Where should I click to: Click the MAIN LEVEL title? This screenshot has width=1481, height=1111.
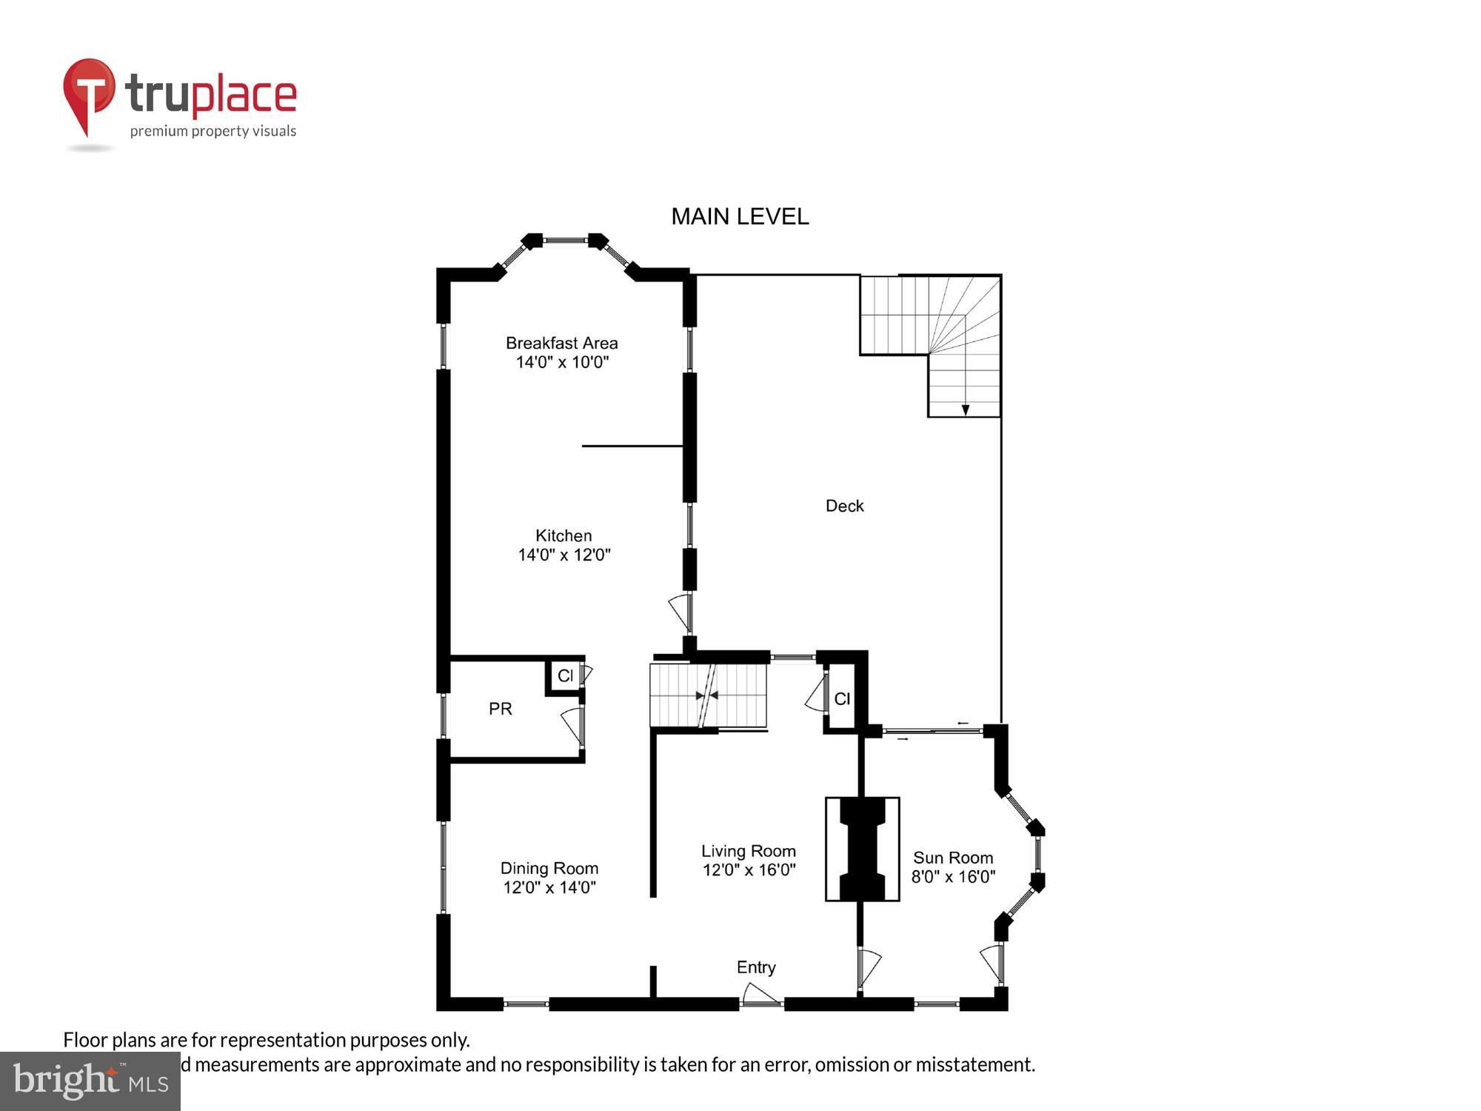[x=740, y=216]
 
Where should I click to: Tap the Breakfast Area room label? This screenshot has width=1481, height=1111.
[x=561, y=343]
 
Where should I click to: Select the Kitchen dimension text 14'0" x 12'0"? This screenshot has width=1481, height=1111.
[x=564, y=555]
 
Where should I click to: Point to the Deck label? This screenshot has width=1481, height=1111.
[x=844, y=506]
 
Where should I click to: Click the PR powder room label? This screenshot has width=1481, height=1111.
[x=501, y=709]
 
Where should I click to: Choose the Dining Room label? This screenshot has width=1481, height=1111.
[x=549, y=868]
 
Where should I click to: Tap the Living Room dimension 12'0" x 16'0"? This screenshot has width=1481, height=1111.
[x=749, y=870]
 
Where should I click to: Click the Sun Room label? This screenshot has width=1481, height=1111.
[x=952, y=858]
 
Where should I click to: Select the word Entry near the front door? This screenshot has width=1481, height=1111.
[x=756, y=967]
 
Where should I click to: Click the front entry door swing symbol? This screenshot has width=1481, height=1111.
[x=760, y=995]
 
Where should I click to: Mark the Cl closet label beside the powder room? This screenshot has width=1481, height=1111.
[x=565, y=675]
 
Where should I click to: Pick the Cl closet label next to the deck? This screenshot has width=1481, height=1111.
[x=842, y=698]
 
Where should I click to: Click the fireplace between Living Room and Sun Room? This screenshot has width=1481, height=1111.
[x=862, y=849]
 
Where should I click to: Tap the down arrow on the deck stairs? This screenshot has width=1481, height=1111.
[x=965, y=410]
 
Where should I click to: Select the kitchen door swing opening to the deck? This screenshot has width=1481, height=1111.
[x=681, y=613]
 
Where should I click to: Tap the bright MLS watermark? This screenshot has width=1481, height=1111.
[x=90, y=1081]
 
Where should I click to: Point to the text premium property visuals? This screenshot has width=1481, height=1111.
[x=213, y=131]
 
